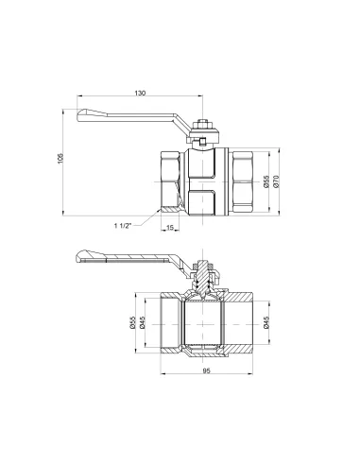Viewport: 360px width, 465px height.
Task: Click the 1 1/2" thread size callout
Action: pos(126,226)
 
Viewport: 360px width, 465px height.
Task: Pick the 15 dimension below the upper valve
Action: pos(168,228)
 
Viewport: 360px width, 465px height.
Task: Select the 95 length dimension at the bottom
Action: pos(206,383)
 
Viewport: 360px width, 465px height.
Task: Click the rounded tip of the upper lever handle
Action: pos(83,117)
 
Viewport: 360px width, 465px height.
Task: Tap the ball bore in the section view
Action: pos(205,320)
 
